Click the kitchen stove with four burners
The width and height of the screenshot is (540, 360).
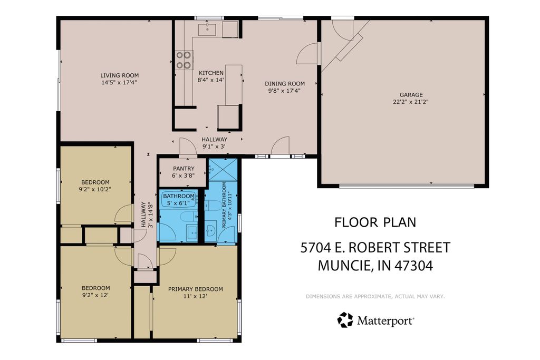coord(184,60)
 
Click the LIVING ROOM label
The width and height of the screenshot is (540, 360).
coord(119,75)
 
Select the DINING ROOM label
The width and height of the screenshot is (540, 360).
coord(285,83)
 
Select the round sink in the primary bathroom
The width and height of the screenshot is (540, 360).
coord(211,229)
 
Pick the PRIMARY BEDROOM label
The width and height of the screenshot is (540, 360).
coord(195,289)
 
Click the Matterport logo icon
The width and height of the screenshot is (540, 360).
coord(345,319)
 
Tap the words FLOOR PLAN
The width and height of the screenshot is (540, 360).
coord(375,222)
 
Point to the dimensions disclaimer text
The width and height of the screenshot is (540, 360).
coord(375,296)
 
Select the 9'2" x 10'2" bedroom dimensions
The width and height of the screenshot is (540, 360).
coord(95,189)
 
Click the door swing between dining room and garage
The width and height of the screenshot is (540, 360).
coord(308,54)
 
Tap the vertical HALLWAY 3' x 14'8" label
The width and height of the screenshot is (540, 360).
coord(146,215)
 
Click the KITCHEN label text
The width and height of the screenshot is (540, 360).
coord(211,73)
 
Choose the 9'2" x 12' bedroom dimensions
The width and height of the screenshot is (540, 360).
coord(95,295)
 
